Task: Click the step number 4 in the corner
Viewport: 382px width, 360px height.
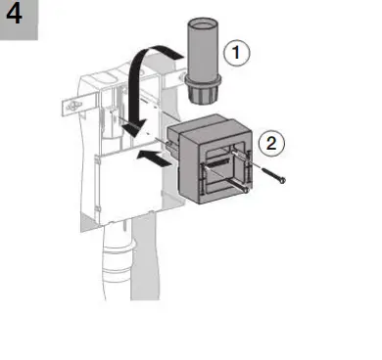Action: click(18, 18)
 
